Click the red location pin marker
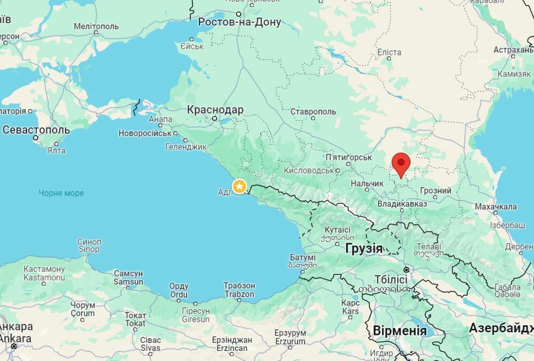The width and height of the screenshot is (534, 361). click(x=400, y=163)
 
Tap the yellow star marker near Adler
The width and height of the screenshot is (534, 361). click(x=240, y=186)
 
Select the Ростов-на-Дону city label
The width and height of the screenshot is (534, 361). click(x=239, y=22)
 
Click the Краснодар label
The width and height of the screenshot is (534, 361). click(x=215, y=110)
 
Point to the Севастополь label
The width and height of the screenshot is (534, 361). click(x=36, y=130)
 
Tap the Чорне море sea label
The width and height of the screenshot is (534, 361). click(x=61, y=193)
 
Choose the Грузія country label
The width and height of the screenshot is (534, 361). click(x=364, y=248)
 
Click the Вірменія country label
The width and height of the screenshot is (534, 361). click(x=399, y=330)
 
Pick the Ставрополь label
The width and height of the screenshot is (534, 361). click(x=313, y=112)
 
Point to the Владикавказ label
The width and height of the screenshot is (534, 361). click(x=402, y=203)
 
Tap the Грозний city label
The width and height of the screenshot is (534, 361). click(x=435, y=191)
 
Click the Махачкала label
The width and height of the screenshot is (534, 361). click(x=496, y=207)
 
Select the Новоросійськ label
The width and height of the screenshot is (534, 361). click(x=145, y=133)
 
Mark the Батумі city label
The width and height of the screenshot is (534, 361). click(x=302, y=257)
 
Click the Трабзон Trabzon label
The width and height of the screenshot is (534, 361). click(x=239, y=290)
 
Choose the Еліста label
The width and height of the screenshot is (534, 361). click(x=389, y=52)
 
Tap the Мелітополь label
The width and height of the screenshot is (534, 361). click(x=96, y=26)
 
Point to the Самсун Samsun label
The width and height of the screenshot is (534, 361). click(x=128, y=277)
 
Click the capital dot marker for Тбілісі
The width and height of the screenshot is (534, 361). click(x=406, y=270)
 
